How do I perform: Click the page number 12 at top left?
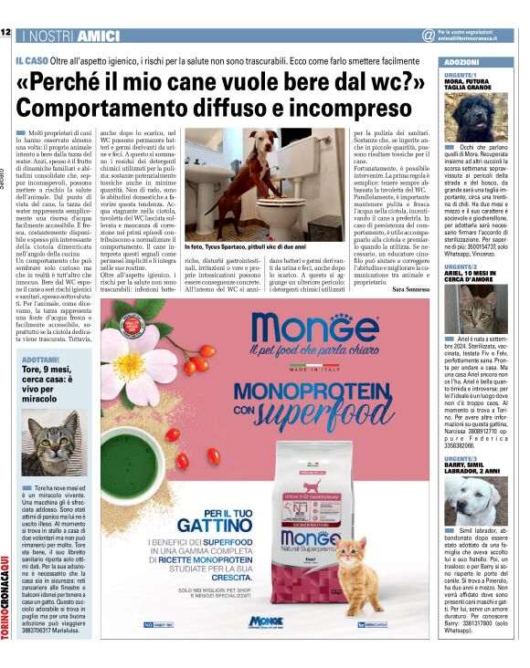[x=5, y=33]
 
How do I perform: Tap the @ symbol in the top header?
[x=428, y=35]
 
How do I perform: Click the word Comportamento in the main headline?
[x=118, y=106]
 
